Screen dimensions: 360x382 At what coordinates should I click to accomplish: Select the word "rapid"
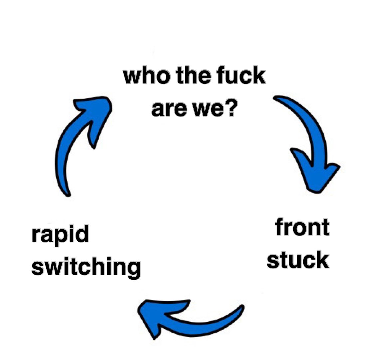60,235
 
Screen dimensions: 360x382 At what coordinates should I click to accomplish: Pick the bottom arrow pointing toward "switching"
187,318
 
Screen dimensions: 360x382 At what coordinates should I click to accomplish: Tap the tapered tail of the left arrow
67,190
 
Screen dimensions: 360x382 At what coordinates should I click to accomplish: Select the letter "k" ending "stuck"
322,260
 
